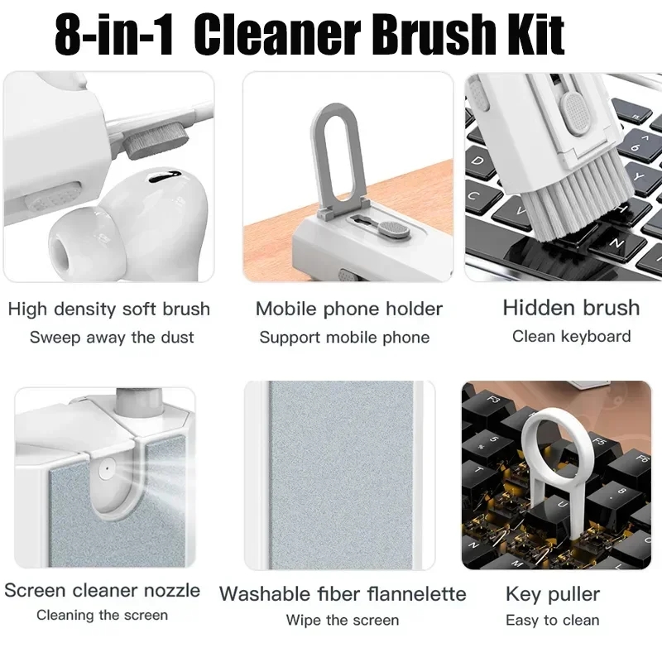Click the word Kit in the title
click(x=528, y=35)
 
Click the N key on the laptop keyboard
click(x=616, y=243)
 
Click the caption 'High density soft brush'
click(x=108, y=309)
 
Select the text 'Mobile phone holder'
click(x=348, y=309)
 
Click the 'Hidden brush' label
click(x=571, y=308)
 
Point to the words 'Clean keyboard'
click(x=571, y=336)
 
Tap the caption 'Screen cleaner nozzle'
click(x=103, y=590)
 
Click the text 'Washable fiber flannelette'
click(x=343, y=593)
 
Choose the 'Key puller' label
click(x=553, y=593)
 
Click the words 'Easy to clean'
click(x=553, y=620)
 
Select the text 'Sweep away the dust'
click(x=112, y=337)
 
